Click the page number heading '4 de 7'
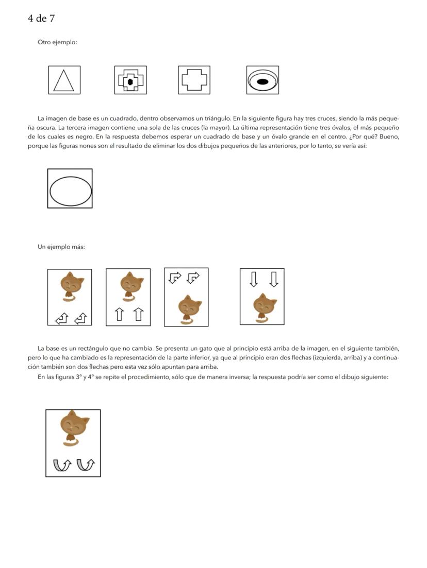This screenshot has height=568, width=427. click(41, 19)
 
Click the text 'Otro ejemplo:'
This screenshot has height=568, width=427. click(57, 42)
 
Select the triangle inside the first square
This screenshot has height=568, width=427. click(64, 81)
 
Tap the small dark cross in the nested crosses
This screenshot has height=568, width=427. click(130, 81)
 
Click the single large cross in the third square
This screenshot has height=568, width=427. click(194, 80)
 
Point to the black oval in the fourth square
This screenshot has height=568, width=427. click(262, 81)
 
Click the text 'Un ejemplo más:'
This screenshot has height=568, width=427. click(61, 247)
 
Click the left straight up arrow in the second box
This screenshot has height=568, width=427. click(119, 314)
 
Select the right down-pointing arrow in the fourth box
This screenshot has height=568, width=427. click(274, 279)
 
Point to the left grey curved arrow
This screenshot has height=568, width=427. click(62, 464)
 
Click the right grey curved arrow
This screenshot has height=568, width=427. click(86, 464)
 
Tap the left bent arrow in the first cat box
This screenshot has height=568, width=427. click(61, 319)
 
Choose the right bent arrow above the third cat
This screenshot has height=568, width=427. click(193, 278)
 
